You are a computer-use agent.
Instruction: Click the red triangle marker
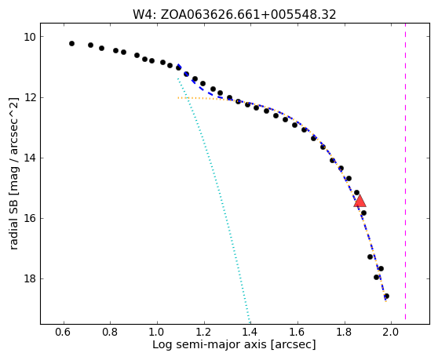pos(360,201)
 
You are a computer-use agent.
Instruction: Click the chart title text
pos(235,14)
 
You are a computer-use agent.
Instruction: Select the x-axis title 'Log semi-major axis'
pos(210,344)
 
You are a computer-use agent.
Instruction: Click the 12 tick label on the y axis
pos(30,98)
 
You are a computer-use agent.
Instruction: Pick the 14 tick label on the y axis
pos(30,158)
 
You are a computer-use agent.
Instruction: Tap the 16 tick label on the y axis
pos(30,218)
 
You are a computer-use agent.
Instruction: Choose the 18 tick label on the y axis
pos(30,278)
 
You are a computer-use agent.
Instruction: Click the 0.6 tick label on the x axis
pos(64,332)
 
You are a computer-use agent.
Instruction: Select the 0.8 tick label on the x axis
pos(111,332)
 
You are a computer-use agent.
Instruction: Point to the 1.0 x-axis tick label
pos(157,332)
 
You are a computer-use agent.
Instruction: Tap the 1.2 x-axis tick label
pos(204,332)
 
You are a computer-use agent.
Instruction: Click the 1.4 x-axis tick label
pos(250,332)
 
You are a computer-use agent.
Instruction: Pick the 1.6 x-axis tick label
pos(297,332)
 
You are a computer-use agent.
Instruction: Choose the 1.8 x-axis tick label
pos(345,332)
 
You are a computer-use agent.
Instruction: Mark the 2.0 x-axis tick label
pos(391,332)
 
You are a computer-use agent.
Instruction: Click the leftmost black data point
pos(71,44)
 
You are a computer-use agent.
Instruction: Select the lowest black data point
pos(387,296)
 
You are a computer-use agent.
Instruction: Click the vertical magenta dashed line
pos(405,171)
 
